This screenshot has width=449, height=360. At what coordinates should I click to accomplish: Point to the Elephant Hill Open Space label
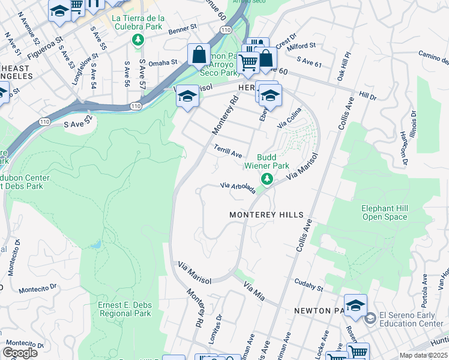coord(384,212)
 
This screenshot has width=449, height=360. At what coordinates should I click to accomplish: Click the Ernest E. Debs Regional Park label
coord(125,309)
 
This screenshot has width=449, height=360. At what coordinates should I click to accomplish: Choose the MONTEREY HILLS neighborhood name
coord(267,214)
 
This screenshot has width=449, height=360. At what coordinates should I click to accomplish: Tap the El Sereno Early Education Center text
coord(411,319)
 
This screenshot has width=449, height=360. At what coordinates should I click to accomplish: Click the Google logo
coord(20,352)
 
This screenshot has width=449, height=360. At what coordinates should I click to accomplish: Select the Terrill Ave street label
coord(228,151)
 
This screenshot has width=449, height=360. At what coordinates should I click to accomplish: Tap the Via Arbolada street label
coord(238,188)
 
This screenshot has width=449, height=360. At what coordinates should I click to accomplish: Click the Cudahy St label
coord(309,284)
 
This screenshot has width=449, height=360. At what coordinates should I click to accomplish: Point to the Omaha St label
coord(163,62)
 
